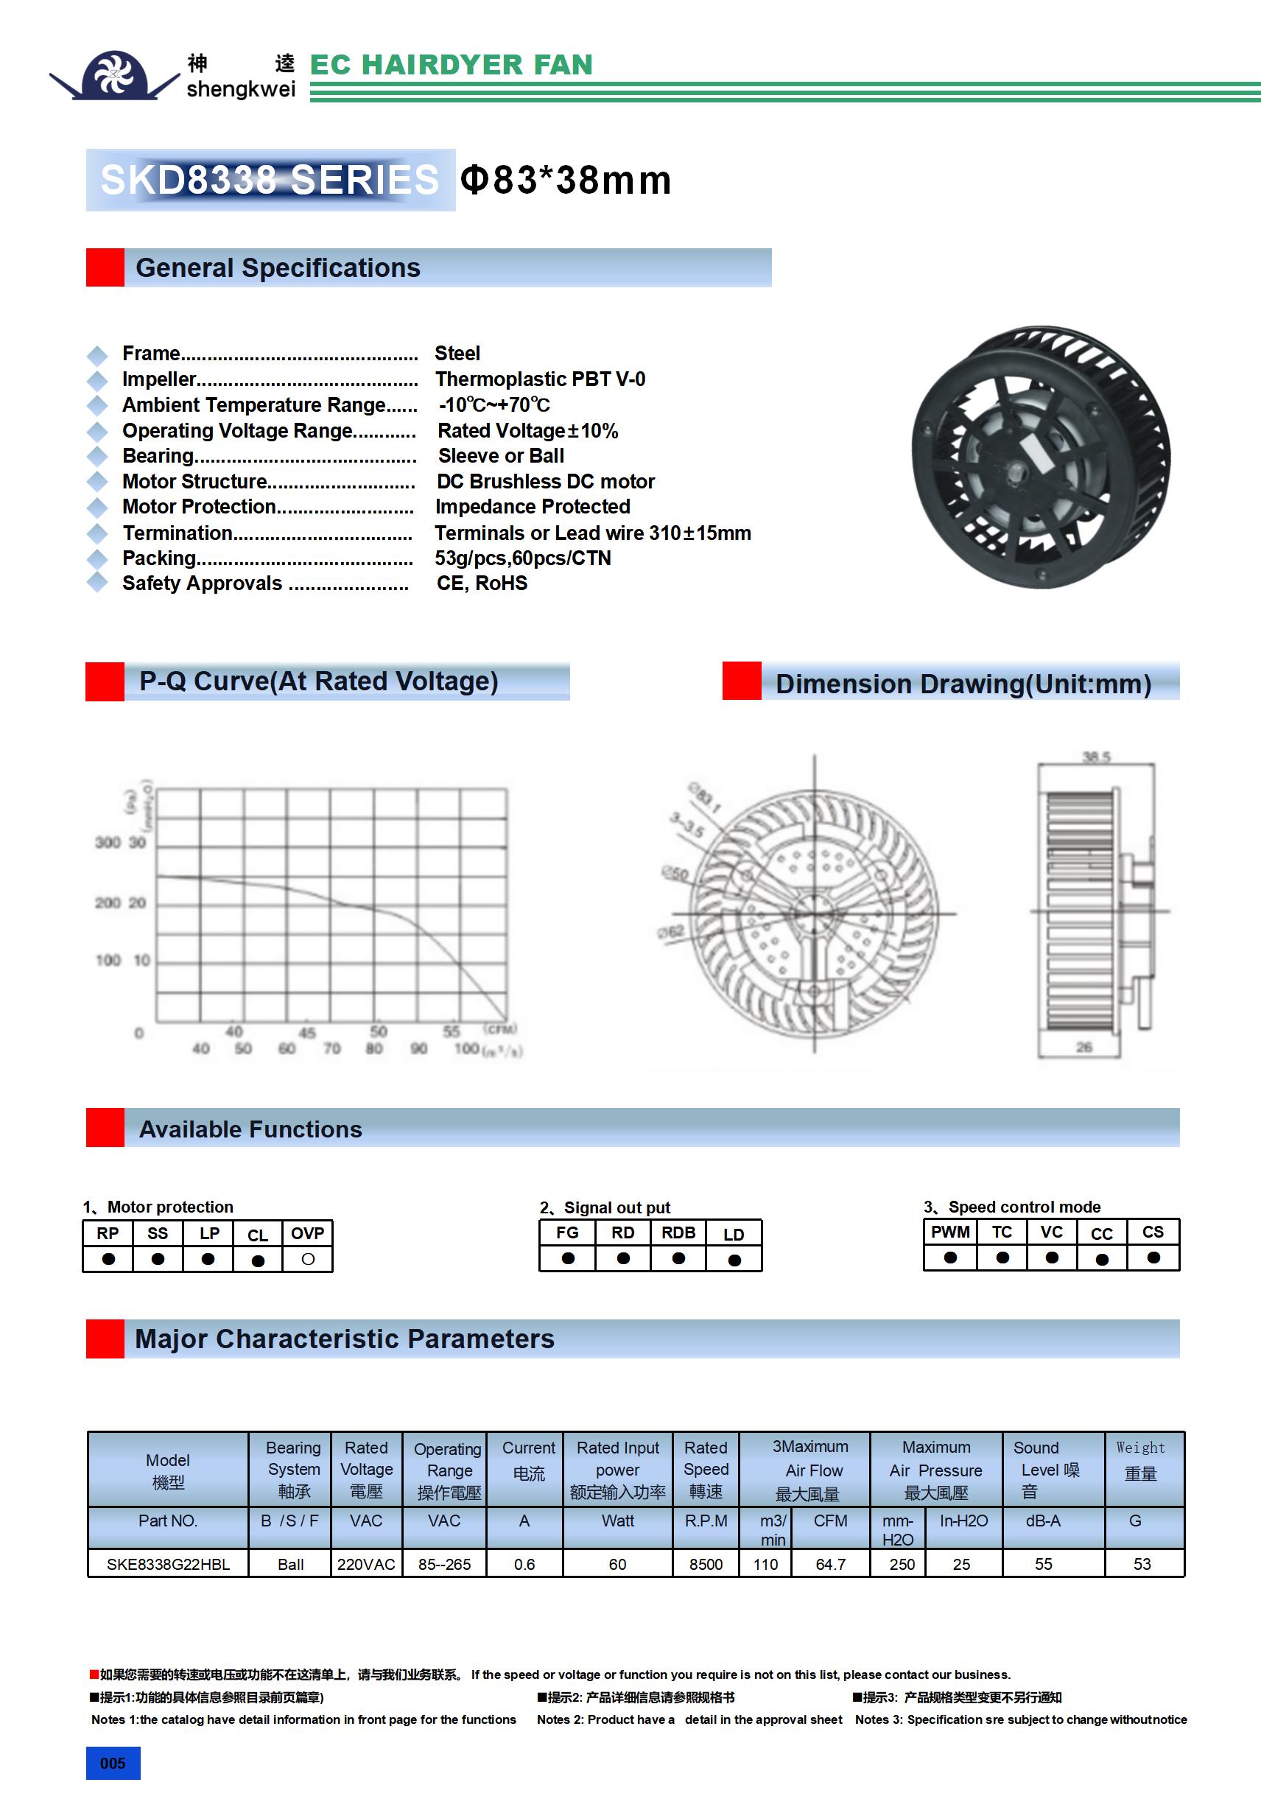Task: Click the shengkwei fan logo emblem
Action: pyautogui.click(x=116, y=75)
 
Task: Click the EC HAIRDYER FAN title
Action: pyautogui.click(x=451, y=65)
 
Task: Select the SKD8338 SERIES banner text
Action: pyautogui.click(x=270, y=179)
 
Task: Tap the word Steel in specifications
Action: pyautogui.click(x=457, y=353)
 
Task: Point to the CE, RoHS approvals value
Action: pyautogui.click(x=482, y=583)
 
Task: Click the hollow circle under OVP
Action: pyautogui.click(x=308, y=1260)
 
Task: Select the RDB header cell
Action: pyautogui.click(x=678, y=1232)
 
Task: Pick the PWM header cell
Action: pyautogui.click(x=950, y=1232)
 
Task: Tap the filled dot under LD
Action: pyautogui.click(x=734, y=1260)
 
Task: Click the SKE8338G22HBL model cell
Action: pyautogui.click(x=168, y=1564)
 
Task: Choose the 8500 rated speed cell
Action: pyautogui.click(x=706, y=1564)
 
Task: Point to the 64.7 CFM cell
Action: pyautogui.click(x=831, y=1564)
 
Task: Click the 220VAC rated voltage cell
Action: pyautogui.click(x=366, y=1564)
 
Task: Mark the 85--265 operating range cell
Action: pyautogui.click(x=445, y=1564)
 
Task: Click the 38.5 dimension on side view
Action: pyautogui.click(x=1096, y=757)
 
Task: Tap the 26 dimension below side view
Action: pyautogui.click(x=1084, y=1047)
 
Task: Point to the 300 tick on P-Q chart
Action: pyautogui.click(x=108, y=843)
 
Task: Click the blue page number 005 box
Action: pyautogui.click(x=113, y=1763)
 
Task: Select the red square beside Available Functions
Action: pyautogui.click(x=105, y=1128)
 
